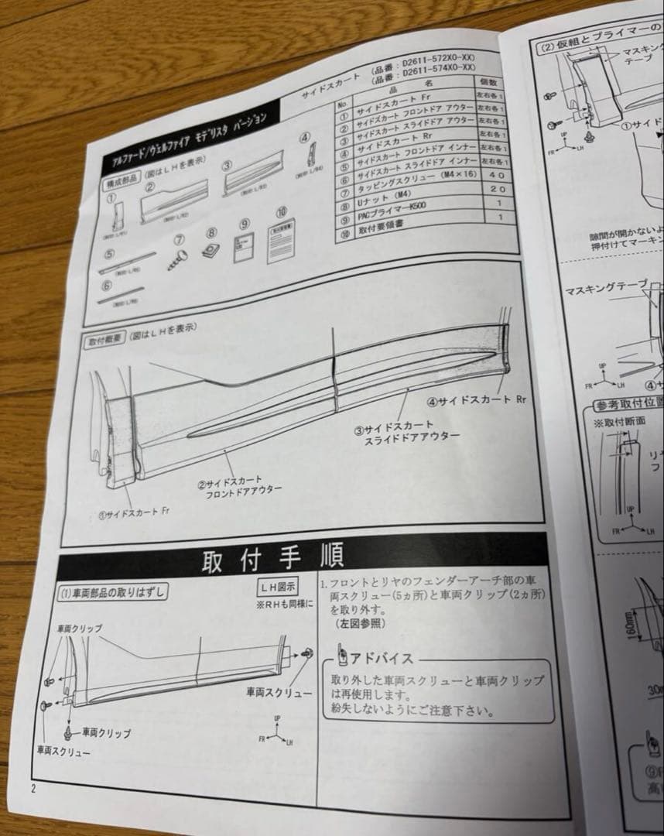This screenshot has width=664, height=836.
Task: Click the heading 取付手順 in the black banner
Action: pos(272,560)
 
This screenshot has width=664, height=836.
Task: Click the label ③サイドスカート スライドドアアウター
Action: pos(406,431)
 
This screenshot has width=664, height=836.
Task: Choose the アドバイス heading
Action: pos(372,659)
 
